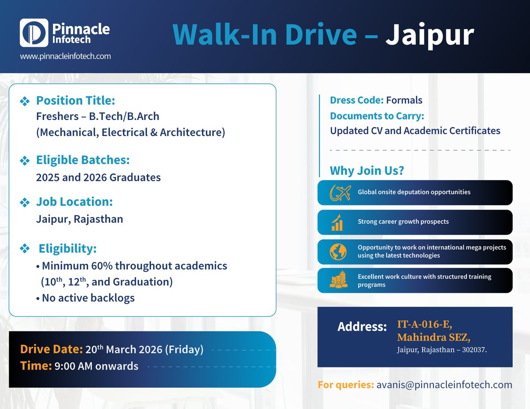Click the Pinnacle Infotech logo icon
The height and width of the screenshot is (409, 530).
coord(34,33)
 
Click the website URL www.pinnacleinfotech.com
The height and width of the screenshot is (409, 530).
coord(65,56)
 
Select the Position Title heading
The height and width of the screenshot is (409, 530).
coord(76,101)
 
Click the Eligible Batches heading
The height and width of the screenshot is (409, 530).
coord(83,160)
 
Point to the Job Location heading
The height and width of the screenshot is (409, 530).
coord(74,202)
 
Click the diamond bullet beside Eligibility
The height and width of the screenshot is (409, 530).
coord(24,249)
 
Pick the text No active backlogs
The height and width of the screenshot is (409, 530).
coord(88,298)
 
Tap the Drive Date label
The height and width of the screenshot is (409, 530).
coord(51,350)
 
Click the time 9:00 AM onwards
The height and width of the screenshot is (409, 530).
coord(96,366)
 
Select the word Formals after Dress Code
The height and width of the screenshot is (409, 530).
coord(404,100)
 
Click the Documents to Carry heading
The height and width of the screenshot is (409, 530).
coord(377,116)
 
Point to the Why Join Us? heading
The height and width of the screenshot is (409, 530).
coord(367,170)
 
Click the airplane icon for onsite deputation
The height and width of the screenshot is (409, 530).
coord(340,192)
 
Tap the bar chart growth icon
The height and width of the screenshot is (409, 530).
coord(337,222)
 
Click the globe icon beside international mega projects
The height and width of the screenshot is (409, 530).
coord(338,251)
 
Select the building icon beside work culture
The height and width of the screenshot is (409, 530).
coord(338,281)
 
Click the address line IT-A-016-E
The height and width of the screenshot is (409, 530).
coord(424,325)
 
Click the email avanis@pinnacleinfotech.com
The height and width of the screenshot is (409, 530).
coord(444,384)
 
